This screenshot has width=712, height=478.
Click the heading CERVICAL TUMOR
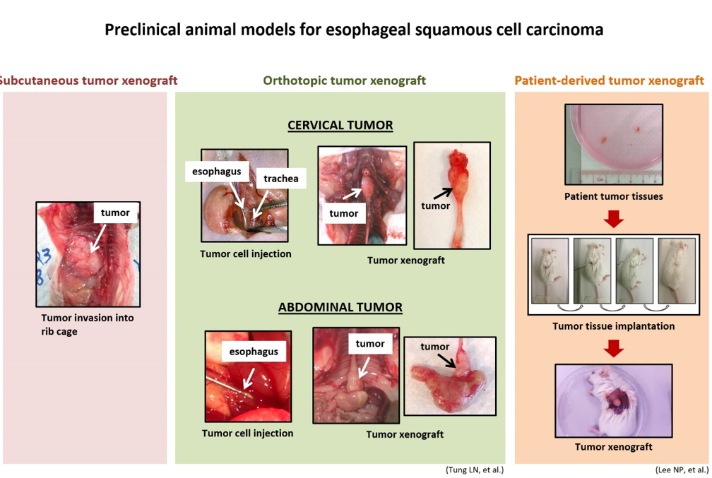point(340,125)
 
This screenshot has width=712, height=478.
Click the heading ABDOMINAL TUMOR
point(340,307)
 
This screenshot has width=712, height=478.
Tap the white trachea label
point(280,179)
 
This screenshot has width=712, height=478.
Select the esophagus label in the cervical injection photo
point(217,172)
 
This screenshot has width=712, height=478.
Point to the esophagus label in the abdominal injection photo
point(254,352)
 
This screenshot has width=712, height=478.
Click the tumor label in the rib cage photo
point(115,213)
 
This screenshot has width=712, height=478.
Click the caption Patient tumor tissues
point(613,196)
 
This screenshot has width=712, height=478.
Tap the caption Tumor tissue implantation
point(613,326)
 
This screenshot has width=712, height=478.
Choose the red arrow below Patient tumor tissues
point(613,219)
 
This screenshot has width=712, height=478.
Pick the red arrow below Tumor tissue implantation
point(613,349)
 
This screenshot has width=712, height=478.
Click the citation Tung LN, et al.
point(475,470)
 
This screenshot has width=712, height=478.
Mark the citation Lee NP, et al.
point(682,470)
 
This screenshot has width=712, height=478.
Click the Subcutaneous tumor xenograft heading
point(88,80)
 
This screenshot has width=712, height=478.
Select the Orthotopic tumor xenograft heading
point(344,80)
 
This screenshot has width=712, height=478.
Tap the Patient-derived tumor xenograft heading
point(609,80)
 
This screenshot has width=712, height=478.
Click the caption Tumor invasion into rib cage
point(87,325)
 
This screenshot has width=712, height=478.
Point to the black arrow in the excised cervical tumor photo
point(443,193)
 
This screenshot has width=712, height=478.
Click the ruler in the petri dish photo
point(619,177)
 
